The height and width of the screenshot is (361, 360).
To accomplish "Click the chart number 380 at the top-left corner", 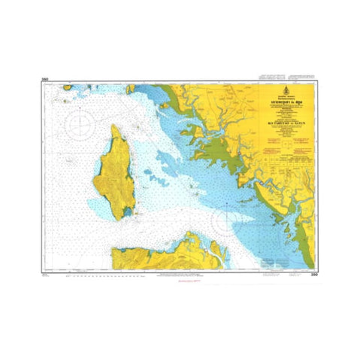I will click(66, 78).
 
